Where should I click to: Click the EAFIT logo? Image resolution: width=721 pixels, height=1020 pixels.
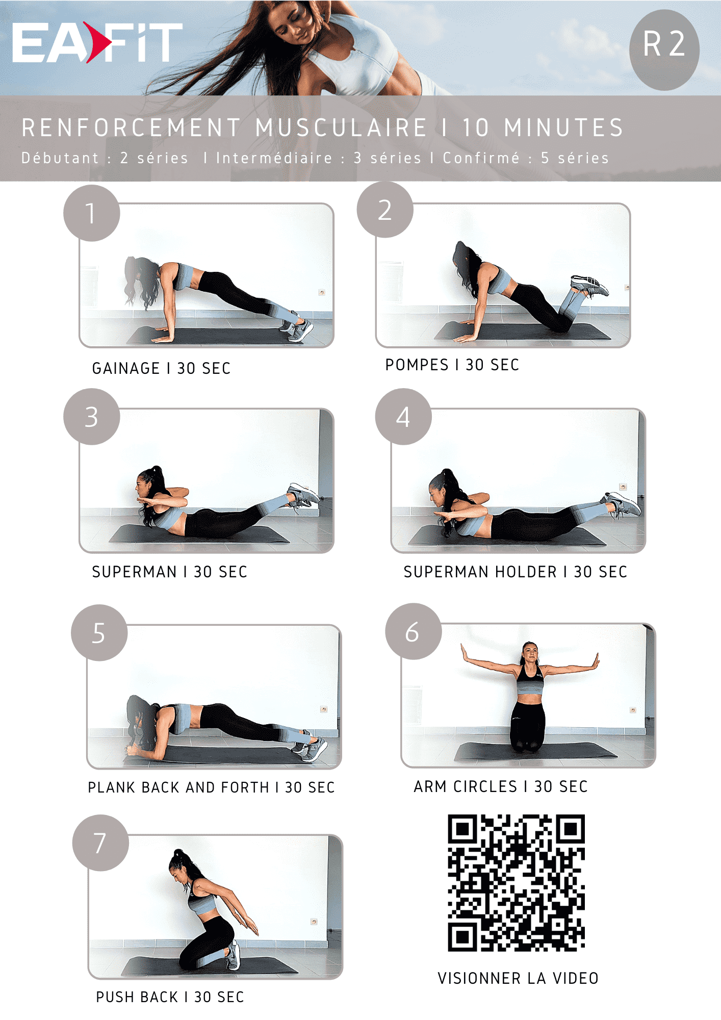point(97,42)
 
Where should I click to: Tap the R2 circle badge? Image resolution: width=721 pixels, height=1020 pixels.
point(664,49)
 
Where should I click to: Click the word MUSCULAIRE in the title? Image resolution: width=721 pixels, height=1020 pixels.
point(341,127)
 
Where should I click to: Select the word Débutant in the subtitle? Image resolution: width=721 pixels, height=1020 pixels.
point(60,158)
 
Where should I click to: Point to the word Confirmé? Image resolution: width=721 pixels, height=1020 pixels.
point(481,158)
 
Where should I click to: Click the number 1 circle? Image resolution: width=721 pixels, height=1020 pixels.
point(92,213)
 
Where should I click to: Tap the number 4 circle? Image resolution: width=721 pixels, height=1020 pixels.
point(403,417)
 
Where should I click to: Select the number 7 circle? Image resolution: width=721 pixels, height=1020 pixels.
point(100,843)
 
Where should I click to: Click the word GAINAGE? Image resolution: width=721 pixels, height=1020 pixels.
point(126,368)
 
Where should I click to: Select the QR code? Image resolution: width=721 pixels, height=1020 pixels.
point(516,883)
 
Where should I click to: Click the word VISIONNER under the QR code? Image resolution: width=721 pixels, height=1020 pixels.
point(479,978)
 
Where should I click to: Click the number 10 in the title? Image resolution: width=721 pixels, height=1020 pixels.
point(476,127)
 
